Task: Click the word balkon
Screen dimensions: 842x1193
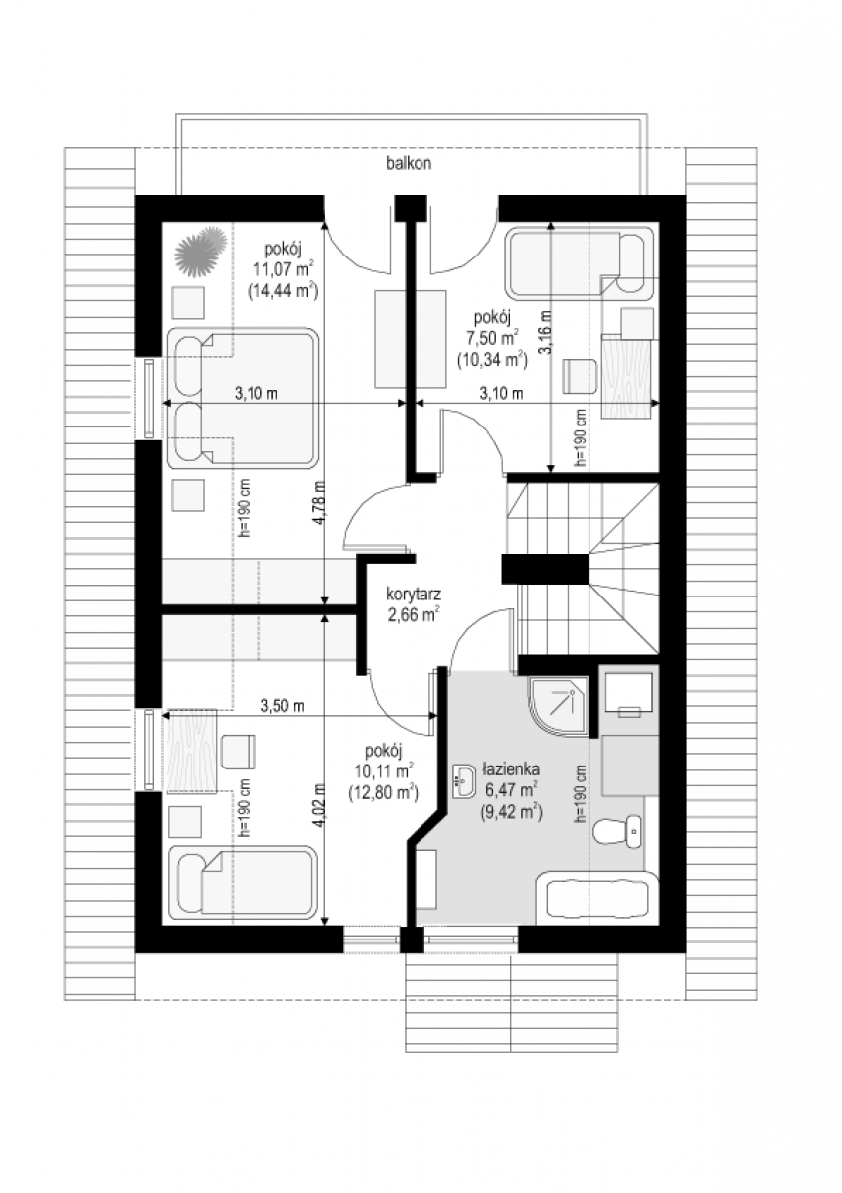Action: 409,163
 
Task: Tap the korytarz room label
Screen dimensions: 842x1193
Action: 414,594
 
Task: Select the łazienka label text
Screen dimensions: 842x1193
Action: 511,769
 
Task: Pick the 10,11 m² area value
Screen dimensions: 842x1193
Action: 383,770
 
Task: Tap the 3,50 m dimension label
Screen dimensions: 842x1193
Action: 282,705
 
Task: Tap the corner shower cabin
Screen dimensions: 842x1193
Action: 559,707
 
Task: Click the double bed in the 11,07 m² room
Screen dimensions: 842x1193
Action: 244,399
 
